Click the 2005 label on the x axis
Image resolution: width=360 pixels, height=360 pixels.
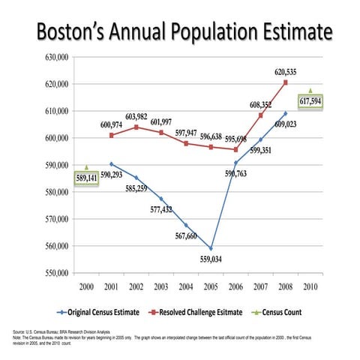(x=211, y=287)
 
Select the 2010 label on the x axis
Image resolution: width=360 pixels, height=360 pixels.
(x=310, y=287)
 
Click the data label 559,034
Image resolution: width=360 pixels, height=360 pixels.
(x=211, y=259)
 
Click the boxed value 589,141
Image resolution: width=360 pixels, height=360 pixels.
(x=86, y=178)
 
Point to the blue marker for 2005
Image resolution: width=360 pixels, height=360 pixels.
(x=211, y=248)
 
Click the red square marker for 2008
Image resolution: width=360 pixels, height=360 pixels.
(x=285, y=82)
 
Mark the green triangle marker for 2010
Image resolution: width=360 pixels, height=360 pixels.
(x=310, y=90)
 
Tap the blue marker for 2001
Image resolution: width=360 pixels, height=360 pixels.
(x=112, y=163)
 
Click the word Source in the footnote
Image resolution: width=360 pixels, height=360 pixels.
(x=21, y=330)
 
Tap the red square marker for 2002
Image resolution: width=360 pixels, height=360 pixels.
(x=136, y=127)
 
